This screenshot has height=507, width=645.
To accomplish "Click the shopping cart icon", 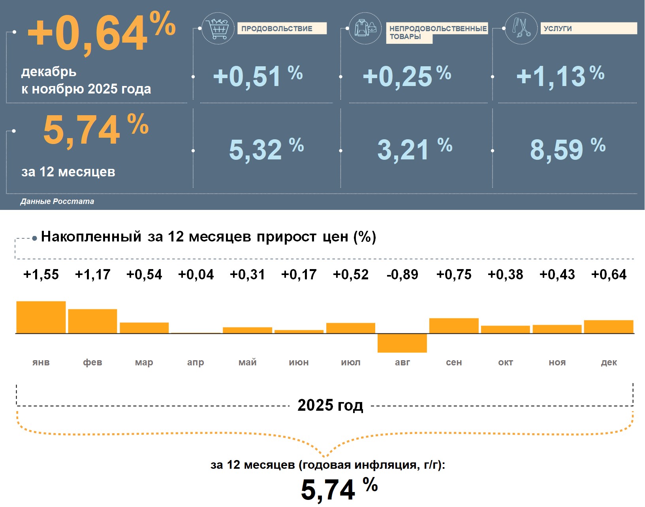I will click(218, 28).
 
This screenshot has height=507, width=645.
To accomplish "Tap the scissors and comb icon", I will click(521, 28).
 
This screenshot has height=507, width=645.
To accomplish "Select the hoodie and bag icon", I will click(365, 28).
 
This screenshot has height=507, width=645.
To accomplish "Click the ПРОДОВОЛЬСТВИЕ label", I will click(281, 28).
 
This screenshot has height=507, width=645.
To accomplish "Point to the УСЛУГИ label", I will click(588, 28).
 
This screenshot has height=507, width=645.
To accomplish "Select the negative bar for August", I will click(402, 343).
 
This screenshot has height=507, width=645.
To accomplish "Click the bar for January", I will click(41, 317).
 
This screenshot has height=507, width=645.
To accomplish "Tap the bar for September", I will click(454, 326).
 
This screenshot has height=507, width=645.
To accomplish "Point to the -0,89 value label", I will click(402, 275).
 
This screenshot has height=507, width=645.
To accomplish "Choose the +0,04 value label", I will click(196, 275).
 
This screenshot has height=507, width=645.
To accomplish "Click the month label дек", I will click(609, 362).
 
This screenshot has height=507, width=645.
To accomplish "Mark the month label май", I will click(247, 362).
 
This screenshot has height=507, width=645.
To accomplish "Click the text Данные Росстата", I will click(57, 201).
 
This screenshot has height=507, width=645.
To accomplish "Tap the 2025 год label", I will click(330, 405).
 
